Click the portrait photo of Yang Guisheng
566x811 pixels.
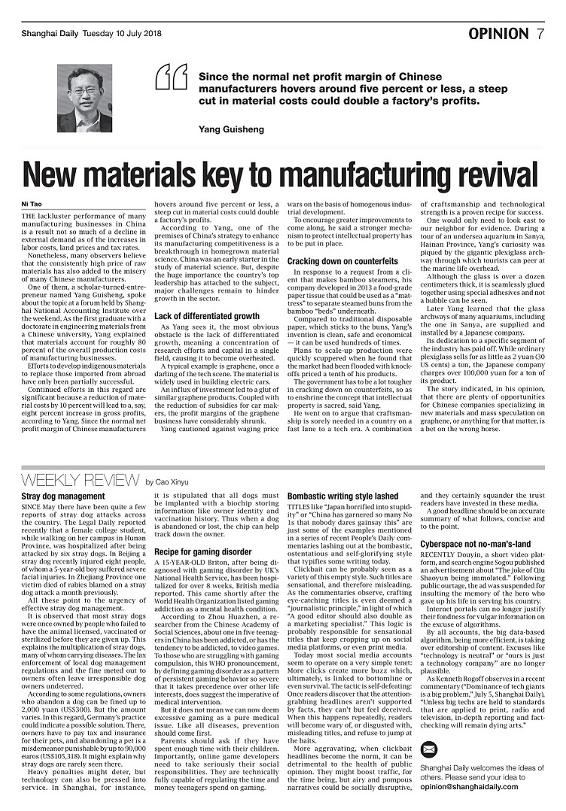click(84, 99)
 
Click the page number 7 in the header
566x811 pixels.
click(540, 34)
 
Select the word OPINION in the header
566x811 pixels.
click(498, 34)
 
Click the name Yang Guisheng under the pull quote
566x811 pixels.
click(231, 129)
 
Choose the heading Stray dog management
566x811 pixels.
click(62, 497)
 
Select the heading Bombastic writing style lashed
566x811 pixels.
click(342, 497)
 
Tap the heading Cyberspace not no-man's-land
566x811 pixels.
click(476, 543)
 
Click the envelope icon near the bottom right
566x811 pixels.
click(428, 749)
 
